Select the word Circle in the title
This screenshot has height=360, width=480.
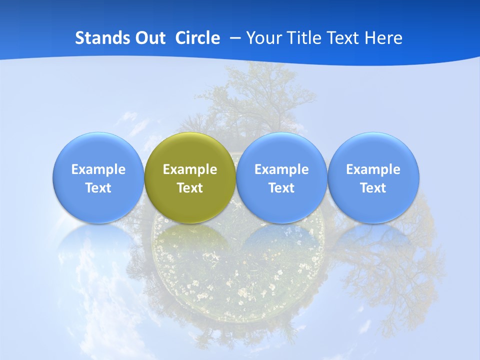point(197,38)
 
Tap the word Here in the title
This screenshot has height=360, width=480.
point(383,38)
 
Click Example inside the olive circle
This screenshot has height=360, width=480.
point(190,169)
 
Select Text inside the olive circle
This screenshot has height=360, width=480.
point(190,188)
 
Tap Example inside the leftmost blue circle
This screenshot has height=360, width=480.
point(98,169)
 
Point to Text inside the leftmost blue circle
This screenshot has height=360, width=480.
point(98,188)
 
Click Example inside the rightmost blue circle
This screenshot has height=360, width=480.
point(373,169)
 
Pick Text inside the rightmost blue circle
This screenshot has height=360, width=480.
point(373,188)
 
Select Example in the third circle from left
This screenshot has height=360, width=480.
point(281,169)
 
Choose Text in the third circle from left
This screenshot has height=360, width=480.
point(281,188)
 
